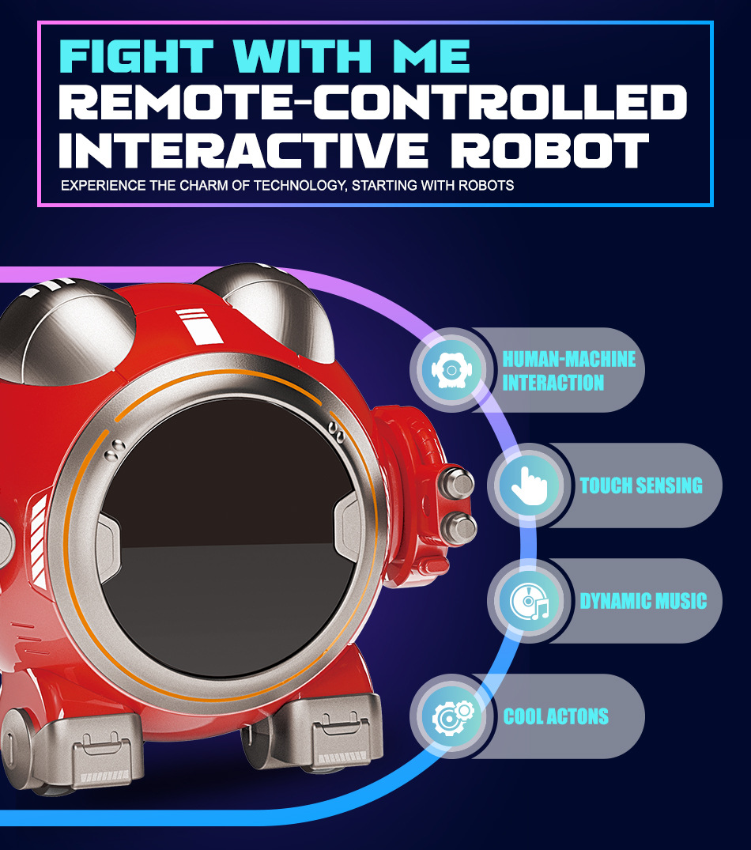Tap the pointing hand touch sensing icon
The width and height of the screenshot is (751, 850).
525,485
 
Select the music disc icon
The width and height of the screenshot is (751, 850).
525,601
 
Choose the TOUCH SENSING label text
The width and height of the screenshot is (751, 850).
641,485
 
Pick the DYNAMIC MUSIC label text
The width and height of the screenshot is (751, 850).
643,601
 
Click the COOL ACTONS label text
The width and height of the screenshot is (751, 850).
556,716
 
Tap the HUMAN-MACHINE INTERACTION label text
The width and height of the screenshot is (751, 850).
568,370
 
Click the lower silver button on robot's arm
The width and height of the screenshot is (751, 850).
459,527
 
